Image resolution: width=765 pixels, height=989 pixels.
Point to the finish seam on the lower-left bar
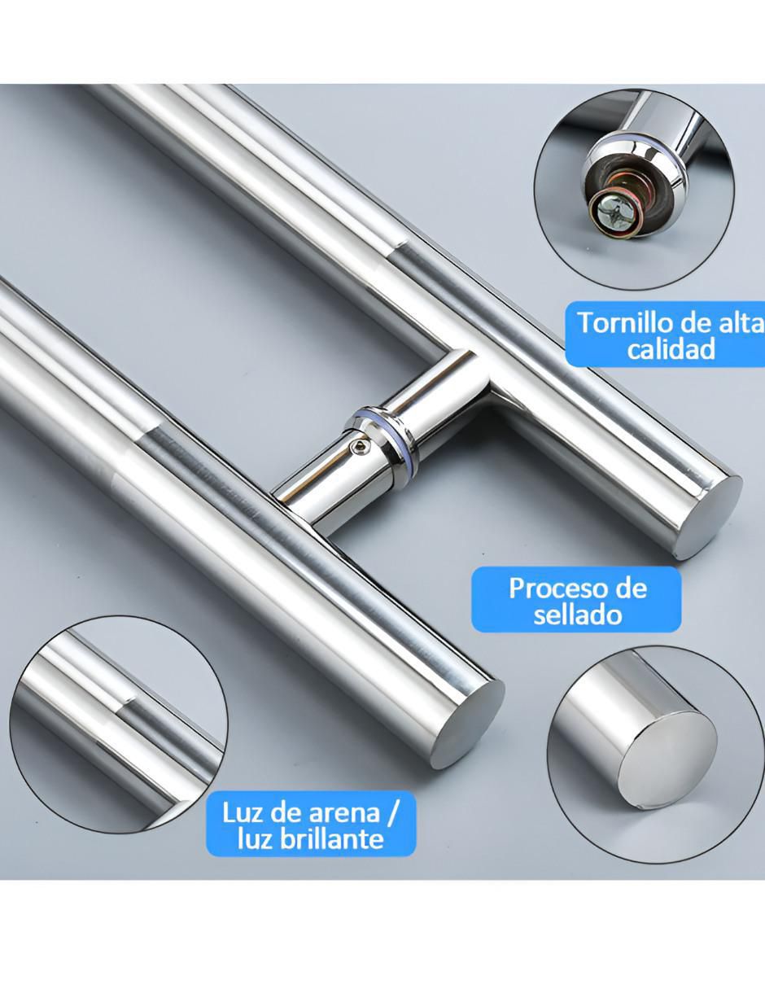pos(146,436)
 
